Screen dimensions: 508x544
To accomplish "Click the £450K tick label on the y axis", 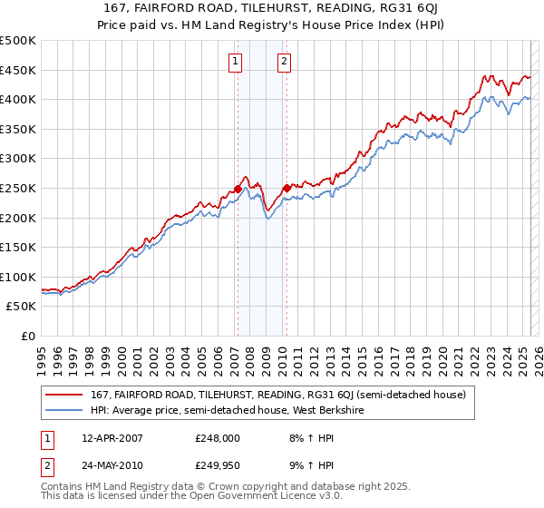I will click(18, 70).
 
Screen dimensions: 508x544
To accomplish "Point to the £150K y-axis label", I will click(18, 247).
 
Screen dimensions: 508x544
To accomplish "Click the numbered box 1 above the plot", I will click(236, 62).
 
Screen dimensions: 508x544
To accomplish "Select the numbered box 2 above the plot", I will click(285, 62).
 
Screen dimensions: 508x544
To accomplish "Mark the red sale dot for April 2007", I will click(238, 189).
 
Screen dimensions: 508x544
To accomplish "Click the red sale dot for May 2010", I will click(287, 188).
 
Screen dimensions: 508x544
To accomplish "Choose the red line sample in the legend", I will click(64, 396).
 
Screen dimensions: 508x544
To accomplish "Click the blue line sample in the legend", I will click(64, 411).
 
